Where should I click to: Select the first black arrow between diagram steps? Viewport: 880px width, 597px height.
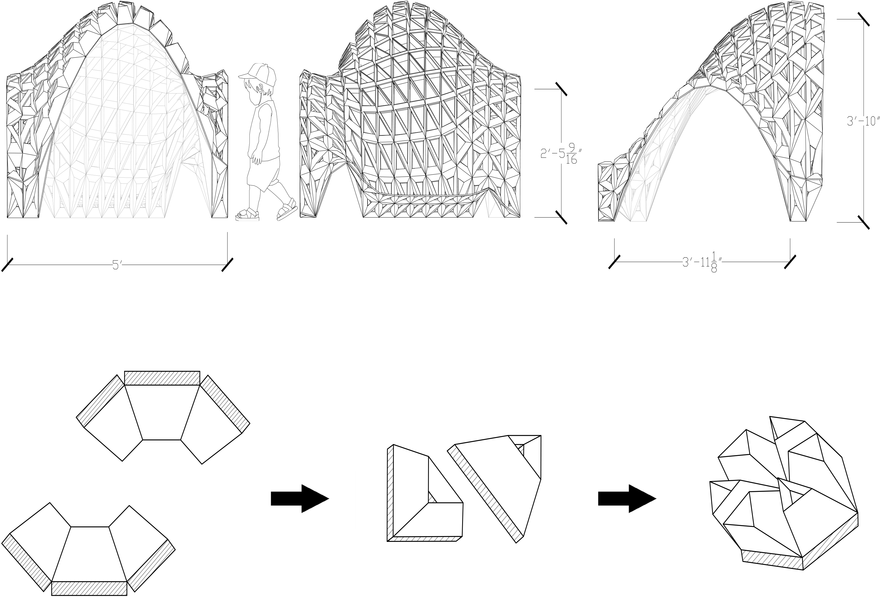(299, 499)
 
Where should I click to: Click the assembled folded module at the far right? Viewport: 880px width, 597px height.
(784, 503)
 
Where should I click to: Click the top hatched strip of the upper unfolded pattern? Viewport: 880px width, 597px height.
(162, 378)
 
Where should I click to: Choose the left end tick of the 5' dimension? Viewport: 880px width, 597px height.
(8, 265)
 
